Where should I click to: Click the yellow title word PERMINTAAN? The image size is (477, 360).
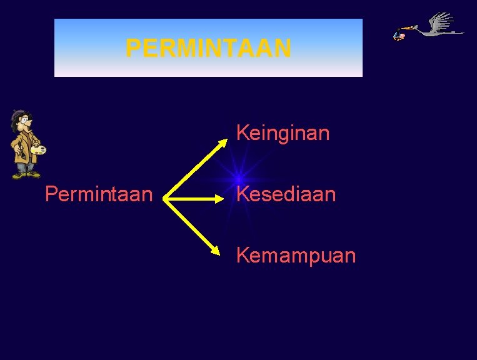208,48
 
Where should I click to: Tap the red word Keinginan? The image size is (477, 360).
283,133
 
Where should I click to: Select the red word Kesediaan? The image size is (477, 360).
286,194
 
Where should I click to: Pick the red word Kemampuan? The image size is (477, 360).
296,255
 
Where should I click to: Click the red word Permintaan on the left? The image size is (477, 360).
99,194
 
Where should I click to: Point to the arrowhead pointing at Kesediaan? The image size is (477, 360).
219,199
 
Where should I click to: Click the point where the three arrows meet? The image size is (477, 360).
166,199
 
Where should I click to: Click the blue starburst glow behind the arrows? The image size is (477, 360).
238,179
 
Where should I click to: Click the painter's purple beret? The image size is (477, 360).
19,114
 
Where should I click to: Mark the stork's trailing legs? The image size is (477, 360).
454,32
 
